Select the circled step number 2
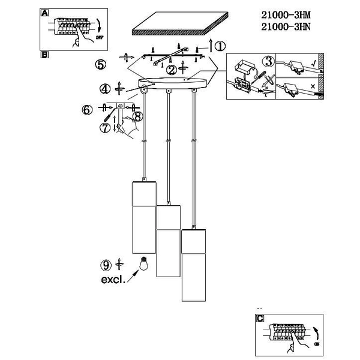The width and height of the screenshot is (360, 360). click(172, 70)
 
